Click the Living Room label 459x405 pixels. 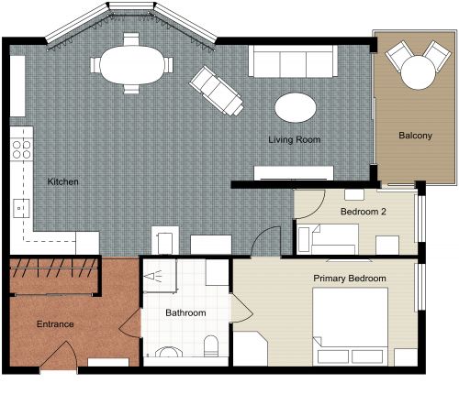coord(293,140)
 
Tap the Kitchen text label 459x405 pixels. coord(62,182)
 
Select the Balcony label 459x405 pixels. coord(415,137)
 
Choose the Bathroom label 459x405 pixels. coord(185,313)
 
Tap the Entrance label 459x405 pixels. coord(55,324)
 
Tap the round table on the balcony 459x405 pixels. coord(414,70)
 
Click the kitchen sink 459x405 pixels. coord(21,207)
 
